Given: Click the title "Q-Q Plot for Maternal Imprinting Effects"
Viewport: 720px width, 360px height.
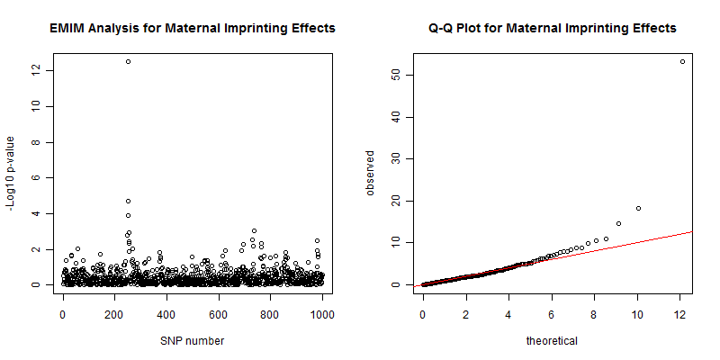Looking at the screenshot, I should pos(553,29).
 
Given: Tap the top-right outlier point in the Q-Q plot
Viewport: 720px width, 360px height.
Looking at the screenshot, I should pos(682,61).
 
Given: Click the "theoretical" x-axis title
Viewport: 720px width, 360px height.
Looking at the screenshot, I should pos(553,341).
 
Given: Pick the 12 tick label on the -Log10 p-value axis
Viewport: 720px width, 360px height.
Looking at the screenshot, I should pos(35,70).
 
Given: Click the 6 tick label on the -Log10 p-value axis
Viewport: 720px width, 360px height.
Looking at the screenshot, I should pos(35,177).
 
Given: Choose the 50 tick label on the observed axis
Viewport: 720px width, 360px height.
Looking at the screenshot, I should pos(395,75).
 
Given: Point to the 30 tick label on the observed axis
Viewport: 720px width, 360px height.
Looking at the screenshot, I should pos(395,158).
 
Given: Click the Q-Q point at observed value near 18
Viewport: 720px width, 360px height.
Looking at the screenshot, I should pos(638,208).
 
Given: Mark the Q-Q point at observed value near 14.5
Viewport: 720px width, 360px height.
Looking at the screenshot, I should pos(618,223).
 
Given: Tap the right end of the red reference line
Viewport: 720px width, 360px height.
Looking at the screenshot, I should pos(692,231).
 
